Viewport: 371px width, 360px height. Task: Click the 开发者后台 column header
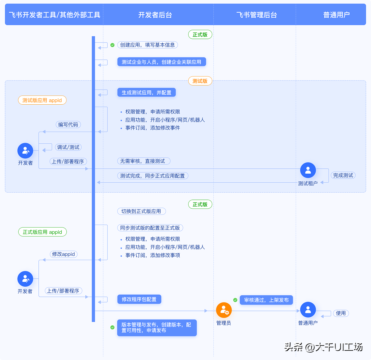155,15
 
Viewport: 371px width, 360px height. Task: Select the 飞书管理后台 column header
256,15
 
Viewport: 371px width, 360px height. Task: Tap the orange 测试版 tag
200,81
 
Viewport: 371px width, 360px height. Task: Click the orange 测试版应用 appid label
42,100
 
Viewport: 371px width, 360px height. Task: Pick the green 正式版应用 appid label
42,232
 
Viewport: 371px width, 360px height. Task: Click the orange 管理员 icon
224,310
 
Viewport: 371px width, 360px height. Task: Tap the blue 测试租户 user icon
308,170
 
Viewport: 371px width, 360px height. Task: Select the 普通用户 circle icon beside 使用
308,310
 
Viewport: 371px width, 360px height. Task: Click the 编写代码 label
68,125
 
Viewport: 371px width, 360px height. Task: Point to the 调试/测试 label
68,147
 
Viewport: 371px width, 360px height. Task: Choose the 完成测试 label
343,176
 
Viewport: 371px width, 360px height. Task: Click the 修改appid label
63,254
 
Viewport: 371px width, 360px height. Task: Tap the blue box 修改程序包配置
139,299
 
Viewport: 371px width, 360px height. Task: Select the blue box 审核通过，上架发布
266,300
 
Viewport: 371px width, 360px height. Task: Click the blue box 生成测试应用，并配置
147,93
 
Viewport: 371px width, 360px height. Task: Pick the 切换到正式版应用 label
141,211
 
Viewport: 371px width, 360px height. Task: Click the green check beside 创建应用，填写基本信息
113,45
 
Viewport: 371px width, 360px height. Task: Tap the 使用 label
341,313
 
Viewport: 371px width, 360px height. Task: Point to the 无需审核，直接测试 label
143,161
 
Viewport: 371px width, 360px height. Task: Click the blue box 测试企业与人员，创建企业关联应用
161,62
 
